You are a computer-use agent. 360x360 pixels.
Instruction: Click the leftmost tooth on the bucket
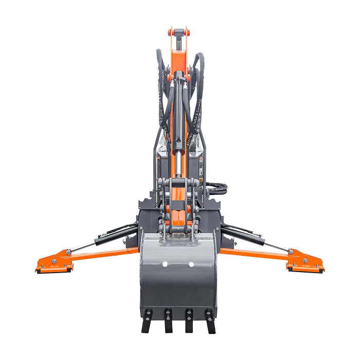coord(147,321)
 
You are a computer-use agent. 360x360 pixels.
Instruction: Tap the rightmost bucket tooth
coord(210,321)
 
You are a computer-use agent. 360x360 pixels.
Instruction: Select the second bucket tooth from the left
coord(168,321)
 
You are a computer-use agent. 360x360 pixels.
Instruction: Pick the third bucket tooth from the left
coord(189,321)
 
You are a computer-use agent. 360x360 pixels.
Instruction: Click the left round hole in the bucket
coord(165,264)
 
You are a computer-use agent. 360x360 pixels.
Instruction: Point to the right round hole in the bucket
coord(191,264)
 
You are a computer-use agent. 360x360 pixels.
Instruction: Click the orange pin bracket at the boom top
coord(178,32)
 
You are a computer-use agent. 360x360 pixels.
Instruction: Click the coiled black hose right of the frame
coord(217,189)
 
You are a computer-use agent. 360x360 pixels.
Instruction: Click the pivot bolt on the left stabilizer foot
coord(68,252)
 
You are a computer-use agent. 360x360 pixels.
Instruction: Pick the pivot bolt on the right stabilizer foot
coord(292,251)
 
